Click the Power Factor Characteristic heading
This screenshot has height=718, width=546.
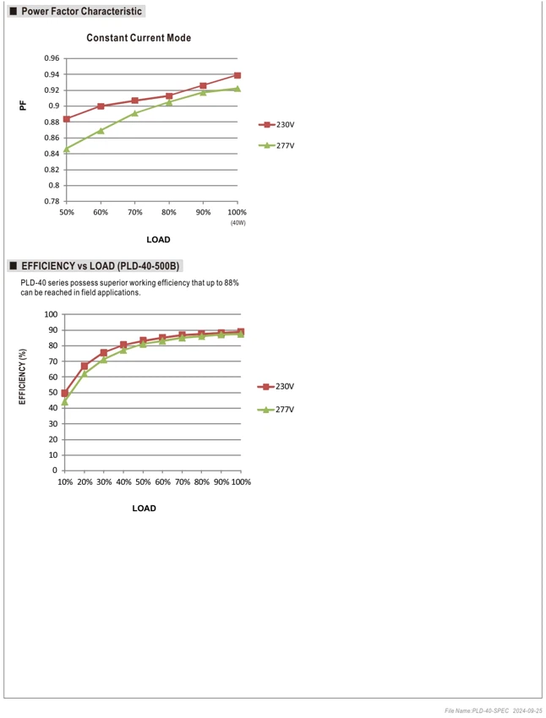[81, 12]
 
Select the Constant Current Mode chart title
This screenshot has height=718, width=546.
[139, 38]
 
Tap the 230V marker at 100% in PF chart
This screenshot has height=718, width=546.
[238, 75]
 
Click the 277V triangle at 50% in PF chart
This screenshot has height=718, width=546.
[67, 149]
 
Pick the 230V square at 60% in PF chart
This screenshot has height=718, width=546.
[101, 106]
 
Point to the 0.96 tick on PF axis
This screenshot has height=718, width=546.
[52, 58]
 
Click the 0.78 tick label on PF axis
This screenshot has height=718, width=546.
[52, 201]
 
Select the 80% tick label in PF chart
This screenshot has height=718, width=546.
[168, 213]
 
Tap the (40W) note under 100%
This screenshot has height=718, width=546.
[238, 223]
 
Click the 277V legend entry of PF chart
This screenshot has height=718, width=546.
[276, 145]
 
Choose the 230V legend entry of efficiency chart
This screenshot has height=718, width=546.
[276, 387]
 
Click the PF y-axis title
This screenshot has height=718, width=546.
[23, 106]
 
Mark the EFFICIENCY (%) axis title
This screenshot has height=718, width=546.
[23, 377]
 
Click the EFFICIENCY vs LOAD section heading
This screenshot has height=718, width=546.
[101, 266]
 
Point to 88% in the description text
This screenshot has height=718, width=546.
[232, 283]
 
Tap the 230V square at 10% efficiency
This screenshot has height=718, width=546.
[64, 393]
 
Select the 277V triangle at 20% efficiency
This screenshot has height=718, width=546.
[85, 373]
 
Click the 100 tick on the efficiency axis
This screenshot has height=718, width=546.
[51, 314]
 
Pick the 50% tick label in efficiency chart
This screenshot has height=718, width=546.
[143, 481]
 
